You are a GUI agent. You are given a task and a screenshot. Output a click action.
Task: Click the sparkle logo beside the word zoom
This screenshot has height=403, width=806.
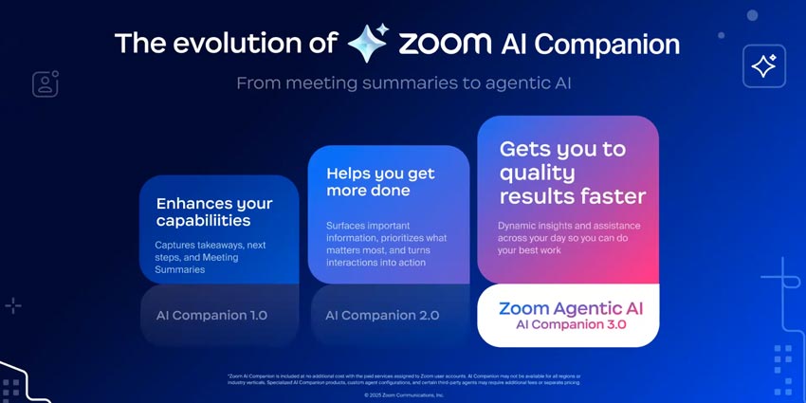click(x=367, y=44)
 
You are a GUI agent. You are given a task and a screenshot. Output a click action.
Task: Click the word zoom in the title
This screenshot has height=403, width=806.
click(x=444, y=45)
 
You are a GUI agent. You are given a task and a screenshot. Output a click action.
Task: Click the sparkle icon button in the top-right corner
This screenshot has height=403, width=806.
click(x=763, y=66)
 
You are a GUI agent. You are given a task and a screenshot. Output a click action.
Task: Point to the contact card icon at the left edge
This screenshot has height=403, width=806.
click(x=46, y=83)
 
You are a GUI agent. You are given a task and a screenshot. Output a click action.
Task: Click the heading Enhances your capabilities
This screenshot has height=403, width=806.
click(x=213, y=211)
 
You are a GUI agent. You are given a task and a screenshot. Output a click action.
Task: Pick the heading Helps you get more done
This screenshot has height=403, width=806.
click(x=380, y=182)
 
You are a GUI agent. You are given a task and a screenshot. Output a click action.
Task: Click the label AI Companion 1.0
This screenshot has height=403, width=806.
click(x=211, y=315)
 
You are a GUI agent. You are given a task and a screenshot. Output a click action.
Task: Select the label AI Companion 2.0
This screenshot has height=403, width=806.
click(x=382, y=315)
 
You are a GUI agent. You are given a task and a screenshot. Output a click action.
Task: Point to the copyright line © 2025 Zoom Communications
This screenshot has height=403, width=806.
click(x=404, y=394)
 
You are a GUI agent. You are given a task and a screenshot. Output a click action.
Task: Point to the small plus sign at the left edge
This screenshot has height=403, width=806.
click(x=13, y=305)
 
